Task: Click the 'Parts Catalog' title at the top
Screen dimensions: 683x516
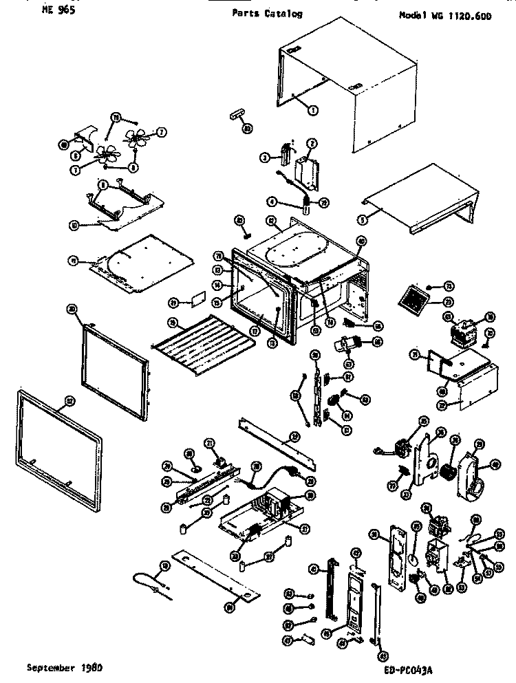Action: coord(267,14)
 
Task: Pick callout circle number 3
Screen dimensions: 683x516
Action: coord(264,157)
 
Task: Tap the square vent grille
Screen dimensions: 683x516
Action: coord(413,299)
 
